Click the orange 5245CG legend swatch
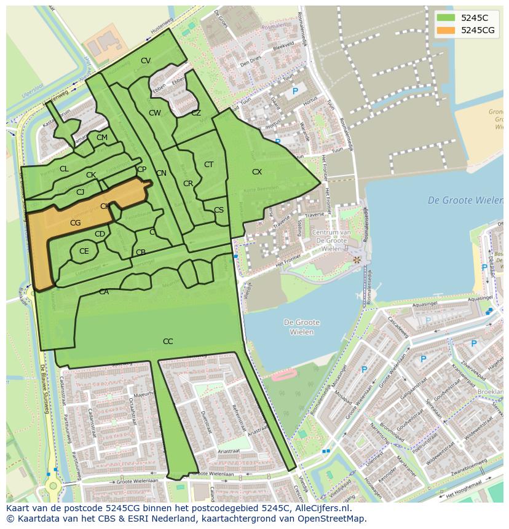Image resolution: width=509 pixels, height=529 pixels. click(x=446, y=30)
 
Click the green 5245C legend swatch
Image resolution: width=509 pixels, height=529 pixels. click(x=446, y=17)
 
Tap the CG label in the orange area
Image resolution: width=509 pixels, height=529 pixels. click(x=76, y=223)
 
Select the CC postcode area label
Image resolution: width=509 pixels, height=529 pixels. click(x=168, y=342)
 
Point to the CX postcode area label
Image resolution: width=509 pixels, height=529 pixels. click(x=257, y=172)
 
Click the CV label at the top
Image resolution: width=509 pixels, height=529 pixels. click(x=146, y=61)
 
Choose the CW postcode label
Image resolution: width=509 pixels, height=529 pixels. click(x=155, y=113)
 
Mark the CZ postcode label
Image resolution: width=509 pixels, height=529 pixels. click(x=196, y=113)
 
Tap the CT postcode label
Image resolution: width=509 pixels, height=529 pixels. click(x=208, y=165)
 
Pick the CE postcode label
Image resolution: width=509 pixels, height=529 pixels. click(x=84, y=251)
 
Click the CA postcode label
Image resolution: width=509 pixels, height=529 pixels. click(x=104, y=292)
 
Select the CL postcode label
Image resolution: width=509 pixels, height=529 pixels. click(x=64, y=169)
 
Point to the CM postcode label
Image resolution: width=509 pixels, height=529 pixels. click(x=102, y=138)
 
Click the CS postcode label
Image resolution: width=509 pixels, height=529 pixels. click(x=219, y=210)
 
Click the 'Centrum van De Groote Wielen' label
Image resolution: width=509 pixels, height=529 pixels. click(x=331, y=240)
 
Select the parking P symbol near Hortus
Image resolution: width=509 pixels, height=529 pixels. click(x=295, y=92)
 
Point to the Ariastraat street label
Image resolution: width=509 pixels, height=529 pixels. click(x=228, y=450)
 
